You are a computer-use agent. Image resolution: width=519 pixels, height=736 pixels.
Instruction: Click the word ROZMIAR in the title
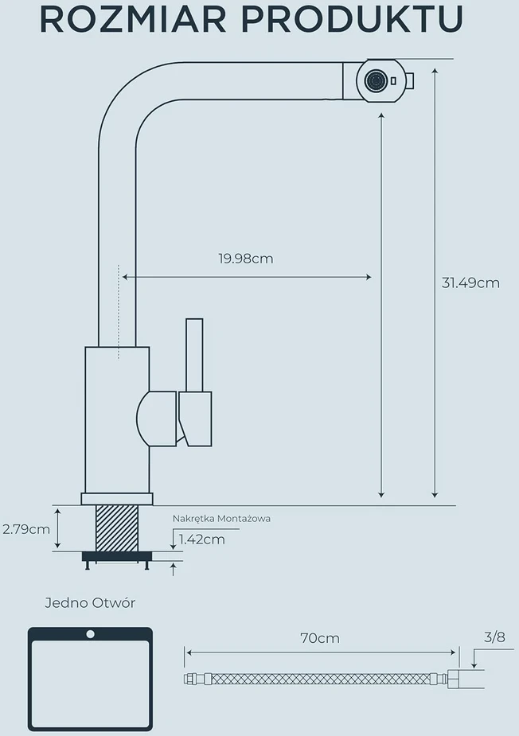(x=133, y=20)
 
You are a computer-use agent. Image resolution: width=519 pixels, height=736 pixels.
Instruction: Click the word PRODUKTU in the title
(x=353, y=20)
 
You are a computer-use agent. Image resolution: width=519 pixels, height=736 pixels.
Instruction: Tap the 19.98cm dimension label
(x=246, y=259)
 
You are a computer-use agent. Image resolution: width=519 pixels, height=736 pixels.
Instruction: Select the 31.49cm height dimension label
(x=470, y=283)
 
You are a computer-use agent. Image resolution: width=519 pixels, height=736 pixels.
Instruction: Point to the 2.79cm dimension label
(x=26, y=529)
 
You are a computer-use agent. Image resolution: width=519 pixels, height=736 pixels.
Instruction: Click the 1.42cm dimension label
(x=202, y=539)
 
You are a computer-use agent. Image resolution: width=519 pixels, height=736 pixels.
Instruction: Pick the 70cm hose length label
(x=320, y=638)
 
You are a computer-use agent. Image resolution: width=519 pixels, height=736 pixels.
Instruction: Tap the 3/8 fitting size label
(x=494, y=637)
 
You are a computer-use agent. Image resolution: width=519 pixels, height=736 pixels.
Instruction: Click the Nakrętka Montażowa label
(x=221, y=519)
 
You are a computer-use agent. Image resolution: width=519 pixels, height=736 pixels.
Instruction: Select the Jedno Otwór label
(x=90, y=602)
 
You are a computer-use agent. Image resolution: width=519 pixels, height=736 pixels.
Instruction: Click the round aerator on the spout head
(x=377, y=80)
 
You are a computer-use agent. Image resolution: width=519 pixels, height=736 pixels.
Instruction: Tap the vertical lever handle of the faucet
(x=194, y=356)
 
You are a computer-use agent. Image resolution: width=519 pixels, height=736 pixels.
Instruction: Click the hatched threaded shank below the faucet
(x=117, y=528)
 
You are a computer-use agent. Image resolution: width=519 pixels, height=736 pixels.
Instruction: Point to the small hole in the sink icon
(x=90, y=634)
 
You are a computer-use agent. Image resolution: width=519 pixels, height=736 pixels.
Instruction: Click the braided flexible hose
(x=320, y=679)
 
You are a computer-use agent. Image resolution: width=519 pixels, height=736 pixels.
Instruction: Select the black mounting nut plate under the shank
(x=117, y=556)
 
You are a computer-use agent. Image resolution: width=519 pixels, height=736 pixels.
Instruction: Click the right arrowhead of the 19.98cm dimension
(x=369, y=278)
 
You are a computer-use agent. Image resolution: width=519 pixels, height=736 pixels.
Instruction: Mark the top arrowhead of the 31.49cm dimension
(x=435, y=72)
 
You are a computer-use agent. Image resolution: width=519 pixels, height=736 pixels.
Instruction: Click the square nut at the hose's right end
(x=453, y=680)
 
